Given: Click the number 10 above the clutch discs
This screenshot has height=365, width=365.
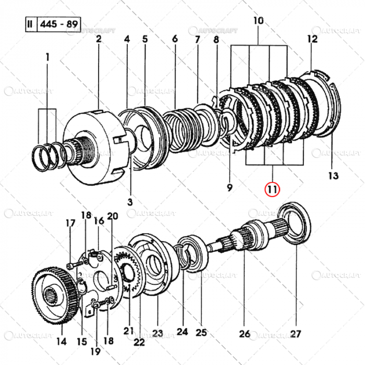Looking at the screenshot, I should click(258, 21).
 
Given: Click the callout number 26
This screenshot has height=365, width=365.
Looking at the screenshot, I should click(244, 334).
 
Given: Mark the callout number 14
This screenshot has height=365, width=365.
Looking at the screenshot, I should click(62, 342).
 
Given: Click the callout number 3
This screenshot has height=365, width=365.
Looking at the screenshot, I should click(130, 202).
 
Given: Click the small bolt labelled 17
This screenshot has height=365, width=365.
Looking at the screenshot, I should click(73, 265).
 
